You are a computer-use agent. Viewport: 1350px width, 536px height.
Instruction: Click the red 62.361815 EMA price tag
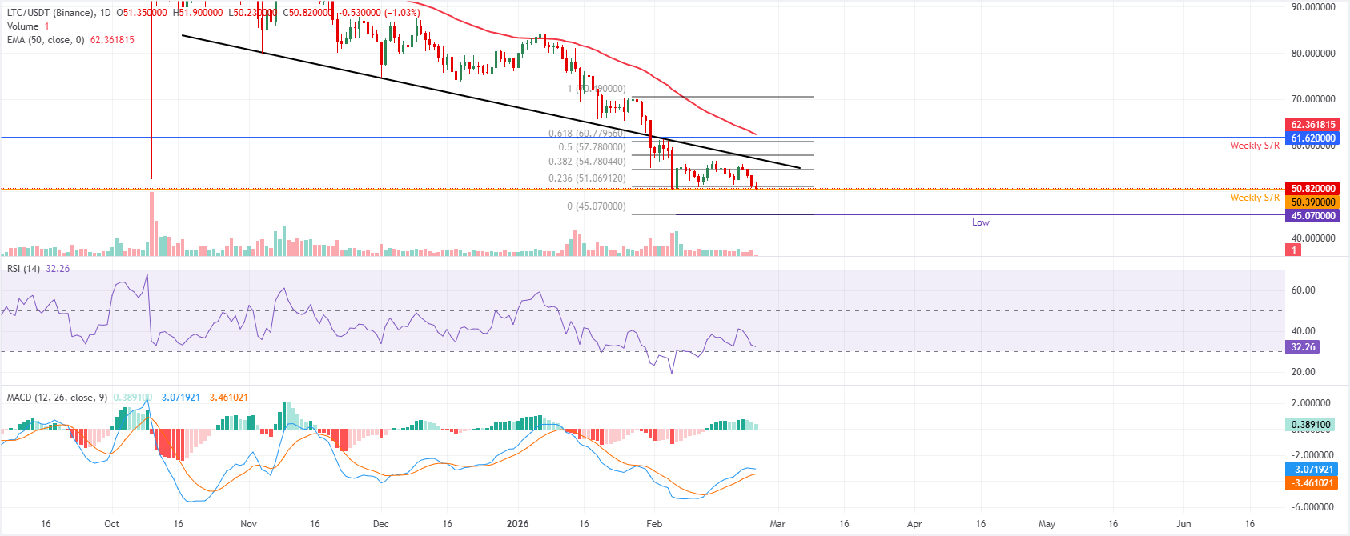click(x=1312, y=125)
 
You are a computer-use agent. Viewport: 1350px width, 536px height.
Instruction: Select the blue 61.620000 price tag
click(x=1312, y=138)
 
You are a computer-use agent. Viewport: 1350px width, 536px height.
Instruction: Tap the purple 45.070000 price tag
click(x=1312, y=216)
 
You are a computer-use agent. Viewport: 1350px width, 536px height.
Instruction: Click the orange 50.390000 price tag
click(x=1312, y=202)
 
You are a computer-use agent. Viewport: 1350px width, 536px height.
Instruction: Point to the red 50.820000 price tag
click(x=1312, y=189)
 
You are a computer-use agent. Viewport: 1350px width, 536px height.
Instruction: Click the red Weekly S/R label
click(x=1255, y=146)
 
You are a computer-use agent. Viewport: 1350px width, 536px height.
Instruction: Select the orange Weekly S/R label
click(x=1255, y=198)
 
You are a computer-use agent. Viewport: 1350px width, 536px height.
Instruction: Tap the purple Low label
click(x=981, y=222)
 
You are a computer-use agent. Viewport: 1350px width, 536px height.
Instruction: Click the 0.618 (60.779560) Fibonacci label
click(x=587, y=134)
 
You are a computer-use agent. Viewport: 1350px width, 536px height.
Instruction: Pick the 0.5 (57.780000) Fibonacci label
click(x=592, y=147)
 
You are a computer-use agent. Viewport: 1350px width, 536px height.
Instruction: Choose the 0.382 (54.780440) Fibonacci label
click(x=587, y=162)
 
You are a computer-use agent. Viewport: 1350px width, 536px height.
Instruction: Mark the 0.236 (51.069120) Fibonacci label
click(x=587, y=178)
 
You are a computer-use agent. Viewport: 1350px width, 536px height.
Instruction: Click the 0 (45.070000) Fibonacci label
click(x=597, y=206)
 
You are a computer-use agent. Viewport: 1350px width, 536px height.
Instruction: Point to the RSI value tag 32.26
click(x=1303, y=347)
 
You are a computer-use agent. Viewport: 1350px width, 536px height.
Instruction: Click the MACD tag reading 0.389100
click(x=1310, y=425)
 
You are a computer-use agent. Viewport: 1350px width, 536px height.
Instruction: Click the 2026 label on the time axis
click(x=517, y=524)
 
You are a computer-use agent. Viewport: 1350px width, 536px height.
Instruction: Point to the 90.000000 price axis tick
click(x=1313, y=7)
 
